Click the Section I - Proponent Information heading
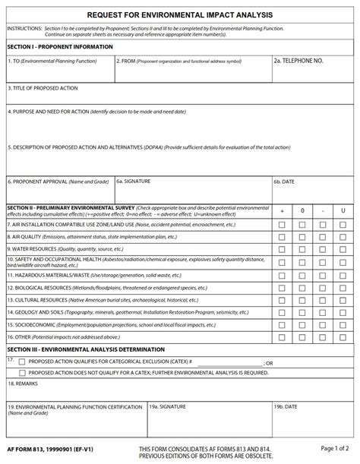point(60,47)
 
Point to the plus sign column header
point(283,210)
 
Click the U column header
point(343,210)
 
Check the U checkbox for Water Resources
point(343,248)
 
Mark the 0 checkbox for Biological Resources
point(302,288)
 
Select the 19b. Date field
point(313,416)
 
